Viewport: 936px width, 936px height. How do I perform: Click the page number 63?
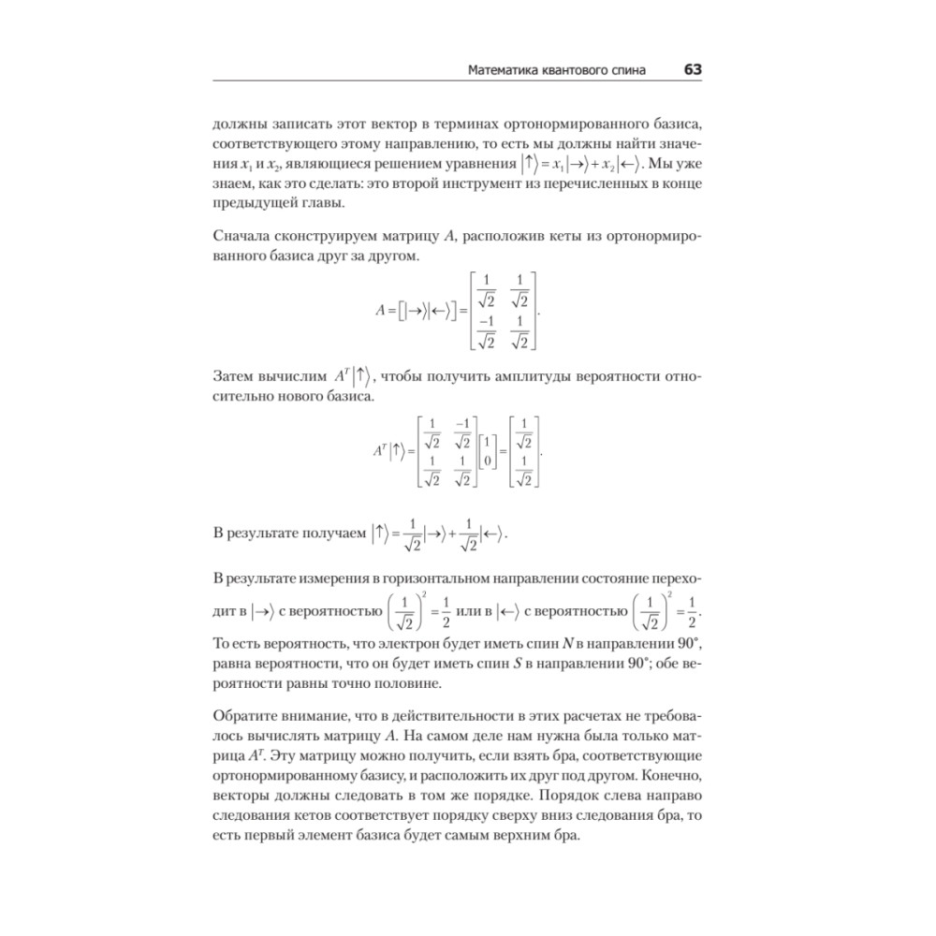tap(693, 70)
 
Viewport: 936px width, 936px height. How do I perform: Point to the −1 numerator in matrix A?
tap(484, 323)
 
